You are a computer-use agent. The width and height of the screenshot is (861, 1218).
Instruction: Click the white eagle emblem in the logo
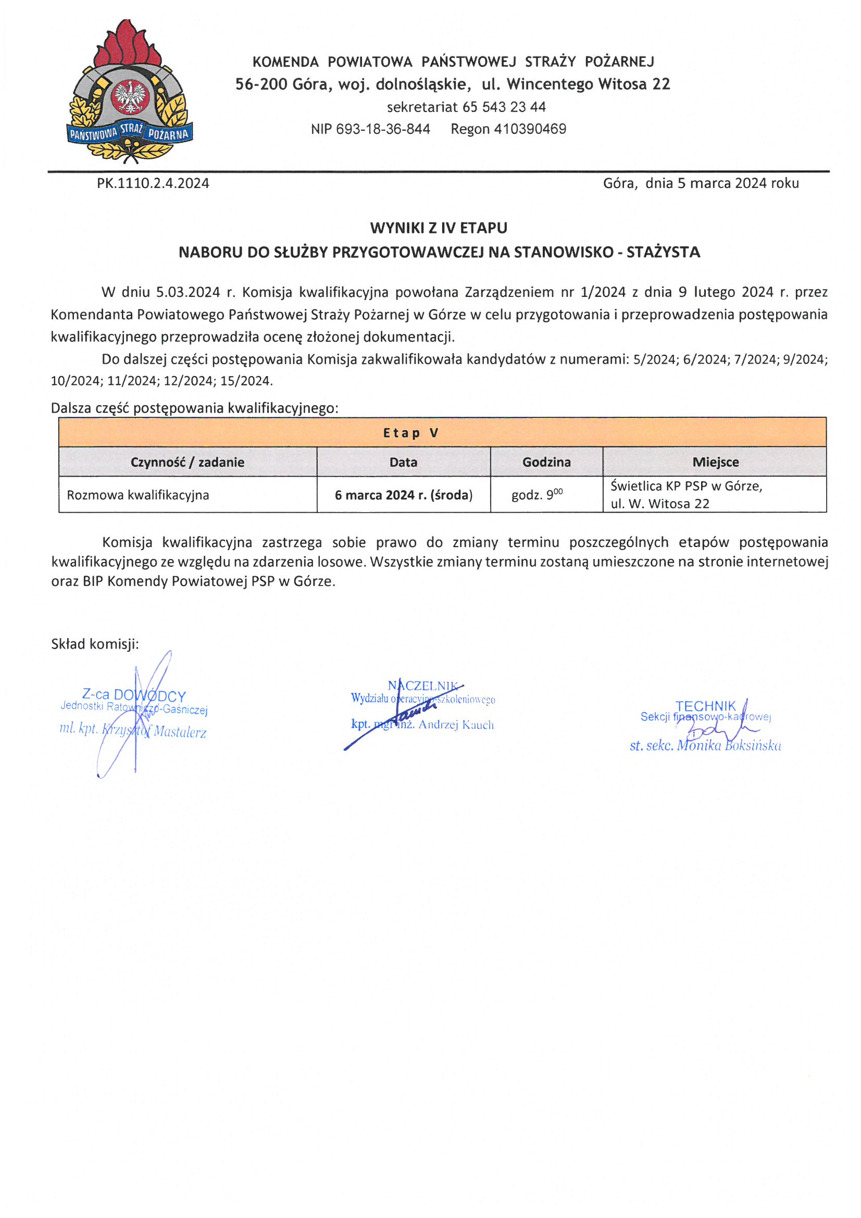[x=131, y=96]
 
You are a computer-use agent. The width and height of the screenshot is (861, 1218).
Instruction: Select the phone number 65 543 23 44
[x=504, y=107]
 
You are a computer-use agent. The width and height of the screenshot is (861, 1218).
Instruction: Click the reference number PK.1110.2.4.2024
[x=153, y=183]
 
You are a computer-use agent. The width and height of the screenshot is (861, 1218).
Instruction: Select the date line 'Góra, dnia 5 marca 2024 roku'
[x=700, y=183]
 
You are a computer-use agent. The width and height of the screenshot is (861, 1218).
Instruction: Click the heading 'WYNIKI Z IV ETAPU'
[x=439, y=228]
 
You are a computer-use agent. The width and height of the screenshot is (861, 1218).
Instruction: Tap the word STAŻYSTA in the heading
[x=663, y=252]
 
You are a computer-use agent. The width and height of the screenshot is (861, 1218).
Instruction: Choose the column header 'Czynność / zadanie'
[x=188, y=462]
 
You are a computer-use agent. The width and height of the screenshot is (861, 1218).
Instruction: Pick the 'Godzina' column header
[x=546, y=462]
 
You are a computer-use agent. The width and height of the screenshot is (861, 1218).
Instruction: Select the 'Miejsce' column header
[x=715, y=462]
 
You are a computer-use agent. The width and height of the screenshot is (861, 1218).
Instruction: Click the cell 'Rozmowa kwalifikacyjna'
[x=138, y=495]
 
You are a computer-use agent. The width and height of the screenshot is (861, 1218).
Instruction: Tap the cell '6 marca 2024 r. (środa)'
[x=403, y=495]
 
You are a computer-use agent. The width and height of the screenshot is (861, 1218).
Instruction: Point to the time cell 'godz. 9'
[x=536, y=495]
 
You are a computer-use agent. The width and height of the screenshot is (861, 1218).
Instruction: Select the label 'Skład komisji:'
[x=95, y=644]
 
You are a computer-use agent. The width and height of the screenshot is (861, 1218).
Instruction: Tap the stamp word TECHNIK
[x=706, y=706]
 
